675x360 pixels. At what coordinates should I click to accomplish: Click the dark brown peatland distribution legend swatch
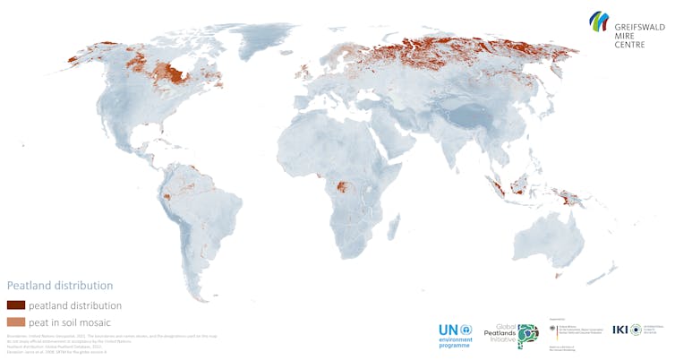coord(15,305)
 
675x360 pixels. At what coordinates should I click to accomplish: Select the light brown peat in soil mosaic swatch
coord(15,321)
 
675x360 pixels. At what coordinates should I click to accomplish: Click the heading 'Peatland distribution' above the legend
coord(60,286)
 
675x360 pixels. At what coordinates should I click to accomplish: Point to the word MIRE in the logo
coord(625,37)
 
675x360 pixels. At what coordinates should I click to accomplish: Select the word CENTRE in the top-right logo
coord(630,45)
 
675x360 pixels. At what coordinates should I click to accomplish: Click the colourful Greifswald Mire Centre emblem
coord(599,21)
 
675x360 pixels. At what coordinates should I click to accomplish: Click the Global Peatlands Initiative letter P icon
coord(527,335)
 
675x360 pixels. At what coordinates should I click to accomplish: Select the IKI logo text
coord(620,330)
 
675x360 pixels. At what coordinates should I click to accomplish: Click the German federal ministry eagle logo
coord(552,329)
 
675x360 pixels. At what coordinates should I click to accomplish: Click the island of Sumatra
coord(491,188)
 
